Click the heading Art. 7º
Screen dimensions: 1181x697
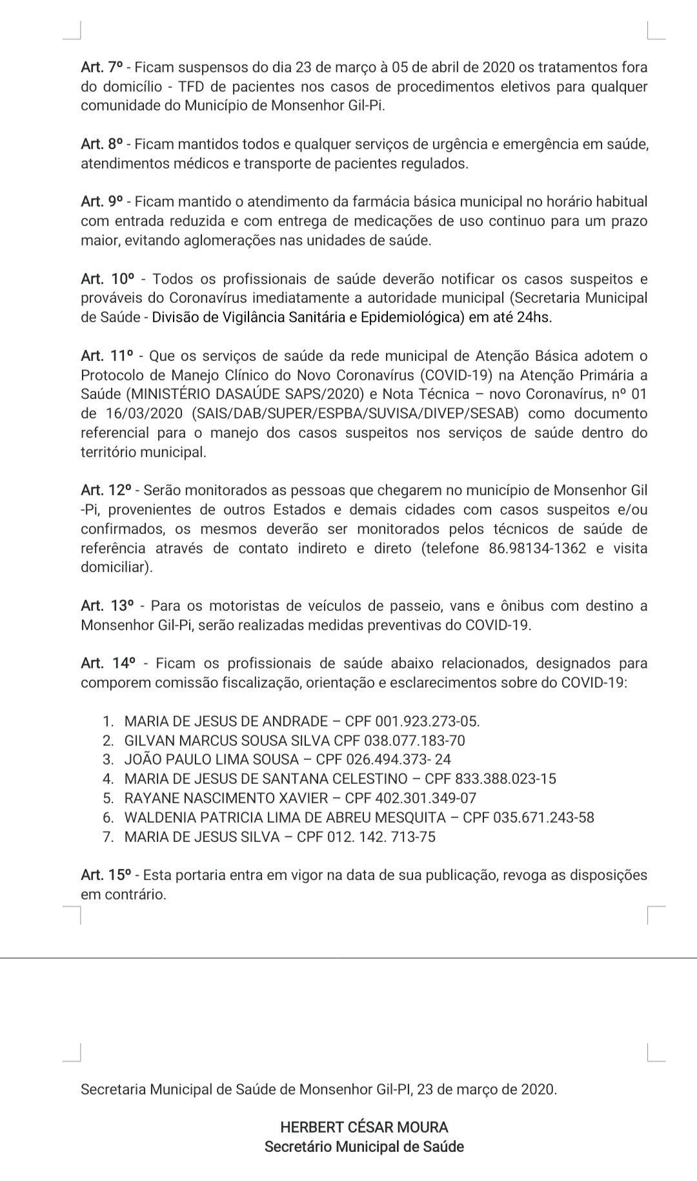(x=101, y=67)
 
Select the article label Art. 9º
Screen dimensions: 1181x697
(x=101, y=201)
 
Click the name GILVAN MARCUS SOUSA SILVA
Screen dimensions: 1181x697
(x=227, y=741)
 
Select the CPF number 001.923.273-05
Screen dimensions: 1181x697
(x=427, y=721)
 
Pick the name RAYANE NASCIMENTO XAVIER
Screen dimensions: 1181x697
(x=226, y=798)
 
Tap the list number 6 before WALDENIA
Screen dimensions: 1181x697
(x=108, y=817)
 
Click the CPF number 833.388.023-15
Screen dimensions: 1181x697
(x=505, y=779)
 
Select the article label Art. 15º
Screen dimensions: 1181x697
(x=106, y=875)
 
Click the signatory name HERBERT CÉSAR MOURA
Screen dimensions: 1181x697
(x=364, y=1127)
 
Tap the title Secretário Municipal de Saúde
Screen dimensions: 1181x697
(x=364, y=1147)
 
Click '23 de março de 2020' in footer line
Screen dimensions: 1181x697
(x=487, y=1089)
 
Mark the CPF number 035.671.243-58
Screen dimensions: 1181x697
(x=543, y=817)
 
